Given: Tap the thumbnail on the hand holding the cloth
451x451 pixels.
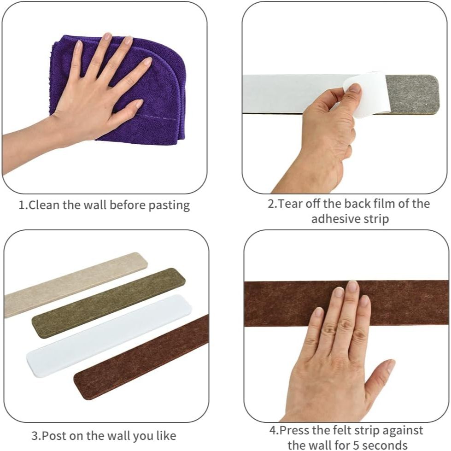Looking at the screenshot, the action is pyautogui.click(x=140, y=103).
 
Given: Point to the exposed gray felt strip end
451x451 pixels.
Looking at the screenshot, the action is pyautogui.click(x=412, y=94).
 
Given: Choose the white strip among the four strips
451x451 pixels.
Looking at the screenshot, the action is pyautogui.click(x=109, y=335).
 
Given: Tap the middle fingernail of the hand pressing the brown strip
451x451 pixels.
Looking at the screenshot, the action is pyautogui.click(x=352, y=286).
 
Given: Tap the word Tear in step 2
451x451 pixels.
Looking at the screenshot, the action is pyautogui.click(x=290, y=204).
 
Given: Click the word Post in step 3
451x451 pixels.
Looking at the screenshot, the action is pyautogui.click(x=54, y=436).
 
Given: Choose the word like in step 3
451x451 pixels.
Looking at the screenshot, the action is pyautogui.click(x=166, y=435).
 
